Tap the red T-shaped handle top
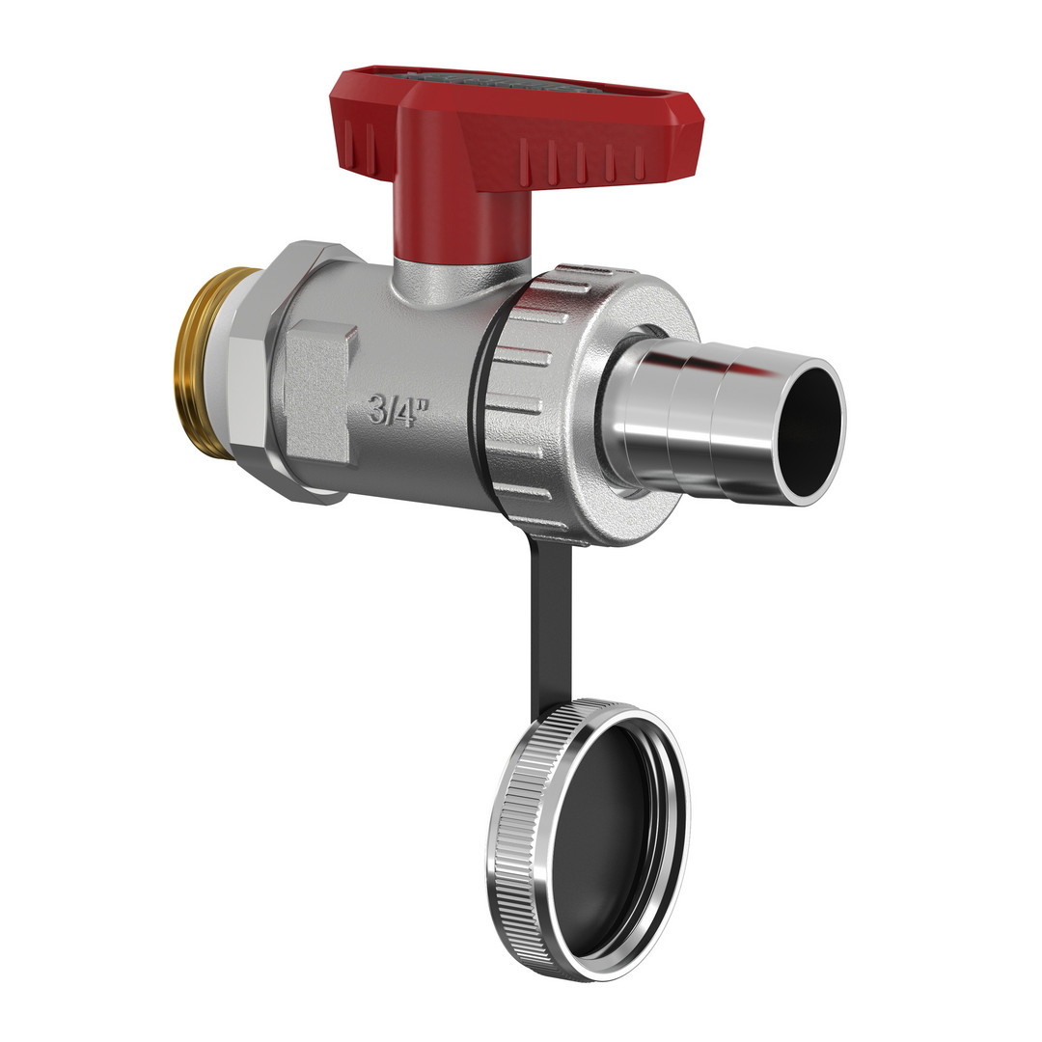point(511,126)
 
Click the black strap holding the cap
point(550,624)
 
